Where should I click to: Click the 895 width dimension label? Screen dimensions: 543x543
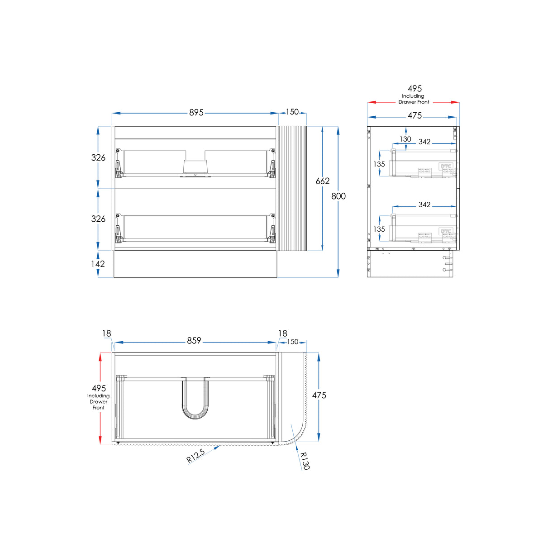pos(196,113)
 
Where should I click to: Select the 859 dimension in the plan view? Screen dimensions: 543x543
pos(194,341)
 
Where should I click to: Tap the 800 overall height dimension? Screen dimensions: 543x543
pos(338,196)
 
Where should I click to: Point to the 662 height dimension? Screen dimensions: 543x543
pos(322,181)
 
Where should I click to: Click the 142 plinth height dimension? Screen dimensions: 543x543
pos(98,264)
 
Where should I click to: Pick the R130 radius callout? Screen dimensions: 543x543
pos(305,461)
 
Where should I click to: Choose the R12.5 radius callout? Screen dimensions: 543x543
pos(195,456)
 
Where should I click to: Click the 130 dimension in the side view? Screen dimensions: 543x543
pos(405,139)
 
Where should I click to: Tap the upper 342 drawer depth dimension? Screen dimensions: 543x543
pos(424,142)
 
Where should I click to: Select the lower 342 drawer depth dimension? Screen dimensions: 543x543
pos(424,205)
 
